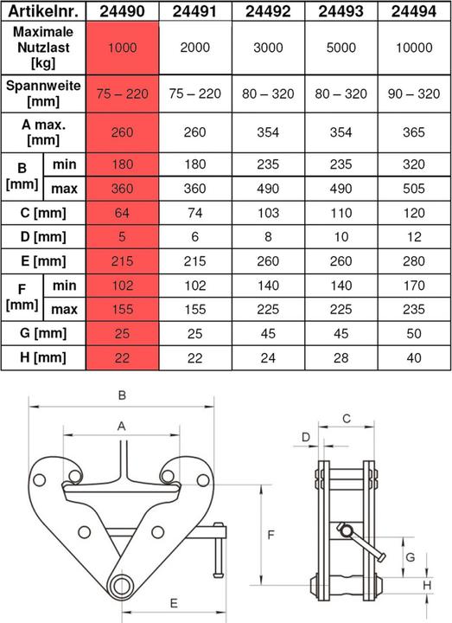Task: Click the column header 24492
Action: (x=268, y=10)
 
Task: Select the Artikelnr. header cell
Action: (x=43, y=10)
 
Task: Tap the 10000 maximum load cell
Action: (x=414, y=48)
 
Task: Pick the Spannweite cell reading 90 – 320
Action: (x=414, y=93)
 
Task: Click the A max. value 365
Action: (x=414, y=132)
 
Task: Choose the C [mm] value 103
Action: (x=268, y=213)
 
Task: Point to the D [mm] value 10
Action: (x=341, y=237)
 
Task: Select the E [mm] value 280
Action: (x=414, y=261)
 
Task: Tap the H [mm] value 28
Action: (x=341, y=358)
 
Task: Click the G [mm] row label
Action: (x=43, y=333)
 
